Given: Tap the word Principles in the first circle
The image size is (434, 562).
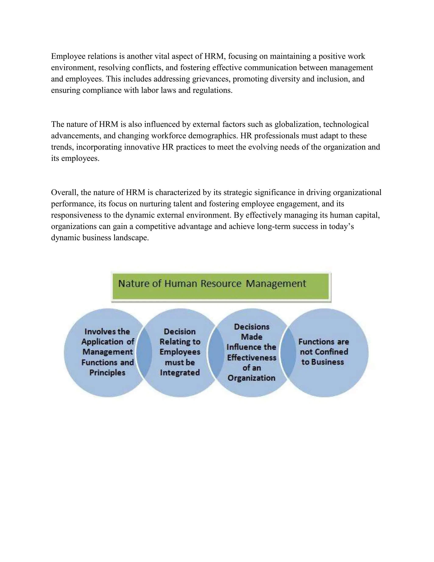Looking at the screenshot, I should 107,373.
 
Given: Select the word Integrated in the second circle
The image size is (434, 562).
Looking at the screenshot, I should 180,373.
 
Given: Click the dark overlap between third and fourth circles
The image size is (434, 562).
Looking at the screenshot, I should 288,352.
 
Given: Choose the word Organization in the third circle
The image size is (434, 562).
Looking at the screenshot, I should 252,378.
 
